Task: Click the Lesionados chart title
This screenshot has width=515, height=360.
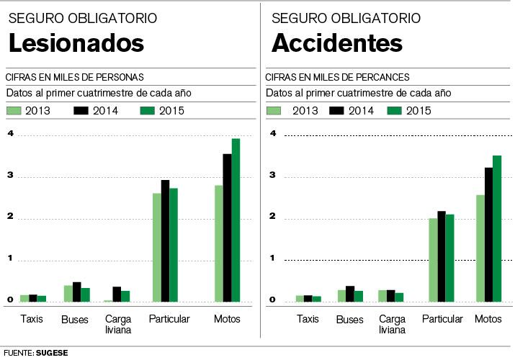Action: [76, 43]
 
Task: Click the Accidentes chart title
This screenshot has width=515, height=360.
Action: [337, 43]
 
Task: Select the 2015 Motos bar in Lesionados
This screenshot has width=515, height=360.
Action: [236, 220]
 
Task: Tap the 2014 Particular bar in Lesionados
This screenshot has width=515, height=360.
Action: [165, 240]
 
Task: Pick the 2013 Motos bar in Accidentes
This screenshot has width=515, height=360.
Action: [480, 248]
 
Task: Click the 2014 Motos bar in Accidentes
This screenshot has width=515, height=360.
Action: [488, 234]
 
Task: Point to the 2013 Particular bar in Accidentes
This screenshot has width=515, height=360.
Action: [432, 259]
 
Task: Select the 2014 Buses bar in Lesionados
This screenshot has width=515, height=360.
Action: [77, 292]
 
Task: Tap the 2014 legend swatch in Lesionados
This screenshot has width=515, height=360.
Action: [81, 110]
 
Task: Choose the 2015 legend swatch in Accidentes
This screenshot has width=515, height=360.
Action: [393, 110]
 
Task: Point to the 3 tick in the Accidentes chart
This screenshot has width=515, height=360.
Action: [273, 175]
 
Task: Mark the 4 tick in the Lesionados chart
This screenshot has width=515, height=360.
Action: [10, 134]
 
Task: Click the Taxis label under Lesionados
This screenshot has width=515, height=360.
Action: [32, 319]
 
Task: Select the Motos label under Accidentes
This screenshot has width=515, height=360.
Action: [488, 319]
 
